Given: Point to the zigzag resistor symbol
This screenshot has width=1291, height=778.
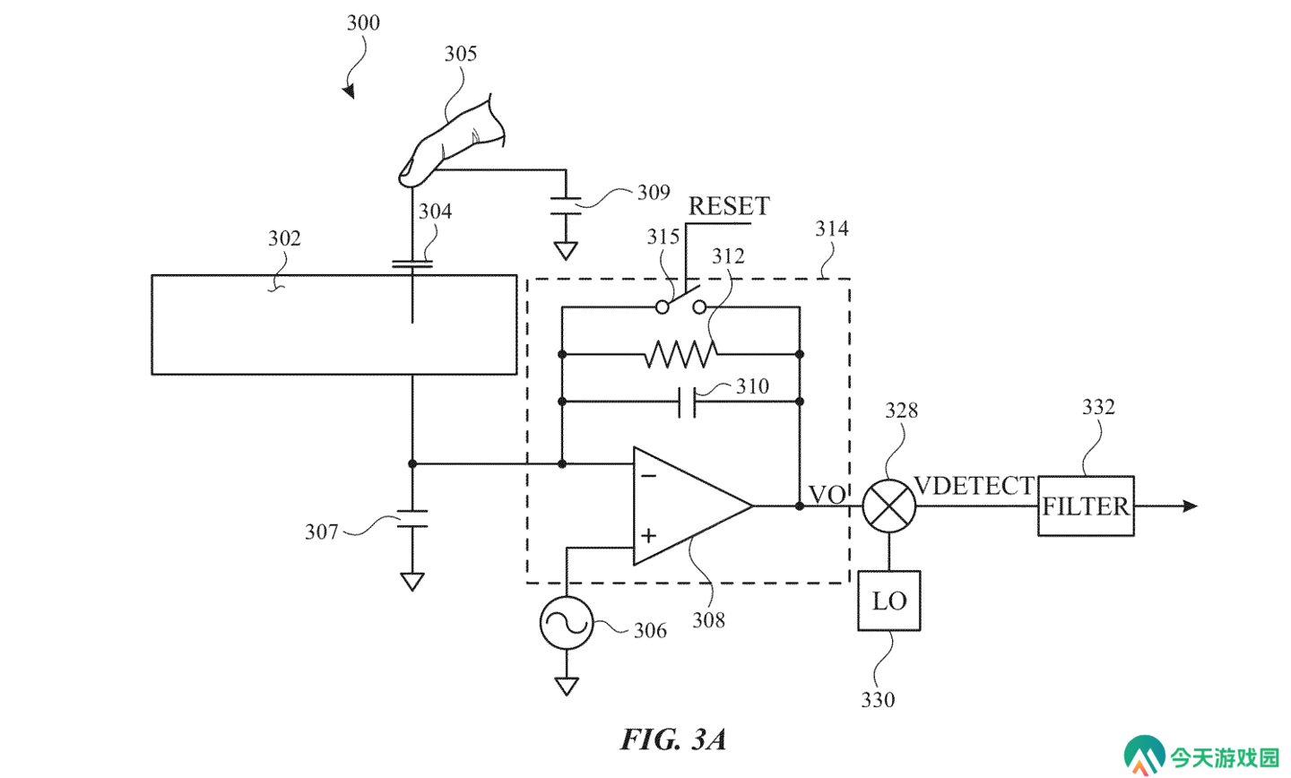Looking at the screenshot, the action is click(x=680, y=354).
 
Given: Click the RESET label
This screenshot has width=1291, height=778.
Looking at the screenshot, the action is click(x=729, y=206).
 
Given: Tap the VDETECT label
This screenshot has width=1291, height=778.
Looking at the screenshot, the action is click(x=974, y=486).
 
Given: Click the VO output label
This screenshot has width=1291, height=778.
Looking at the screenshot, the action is click(x=827, y=495).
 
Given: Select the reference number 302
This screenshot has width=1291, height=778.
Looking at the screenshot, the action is click(x=284, y=238).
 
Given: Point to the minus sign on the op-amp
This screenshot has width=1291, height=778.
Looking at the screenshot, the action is click(x=648, y=475).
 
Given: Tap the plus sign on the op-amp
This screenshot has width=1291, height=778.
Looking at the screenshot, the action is click(x=648, y=535).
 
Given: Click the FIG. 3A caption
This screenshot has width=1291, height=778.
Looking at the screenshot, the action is click(x=673, y=739).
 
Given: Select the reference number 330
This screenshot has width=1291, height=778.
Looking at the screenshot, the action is click(x=878, y=700).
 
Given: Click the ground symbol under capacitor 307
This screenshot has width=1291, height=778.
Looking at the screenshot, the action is click(x=412, y=582).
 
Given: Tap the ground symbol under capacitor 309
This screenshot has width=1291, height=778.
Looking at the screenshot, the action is click(x=566, y=251).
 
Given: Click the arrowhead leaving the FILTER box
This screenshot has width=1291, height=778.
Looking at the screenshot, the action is click(x=1191, y=506).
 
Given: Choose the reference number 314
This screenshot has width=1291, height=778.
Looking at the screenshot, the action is click(x=832, y=229).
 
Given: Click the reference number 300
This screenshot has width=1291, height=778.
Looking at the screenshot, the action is click(x=363, y=22).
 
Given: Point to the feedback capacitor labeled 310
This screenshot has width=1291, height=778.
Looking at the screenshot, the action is click(x=687, y=402).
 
